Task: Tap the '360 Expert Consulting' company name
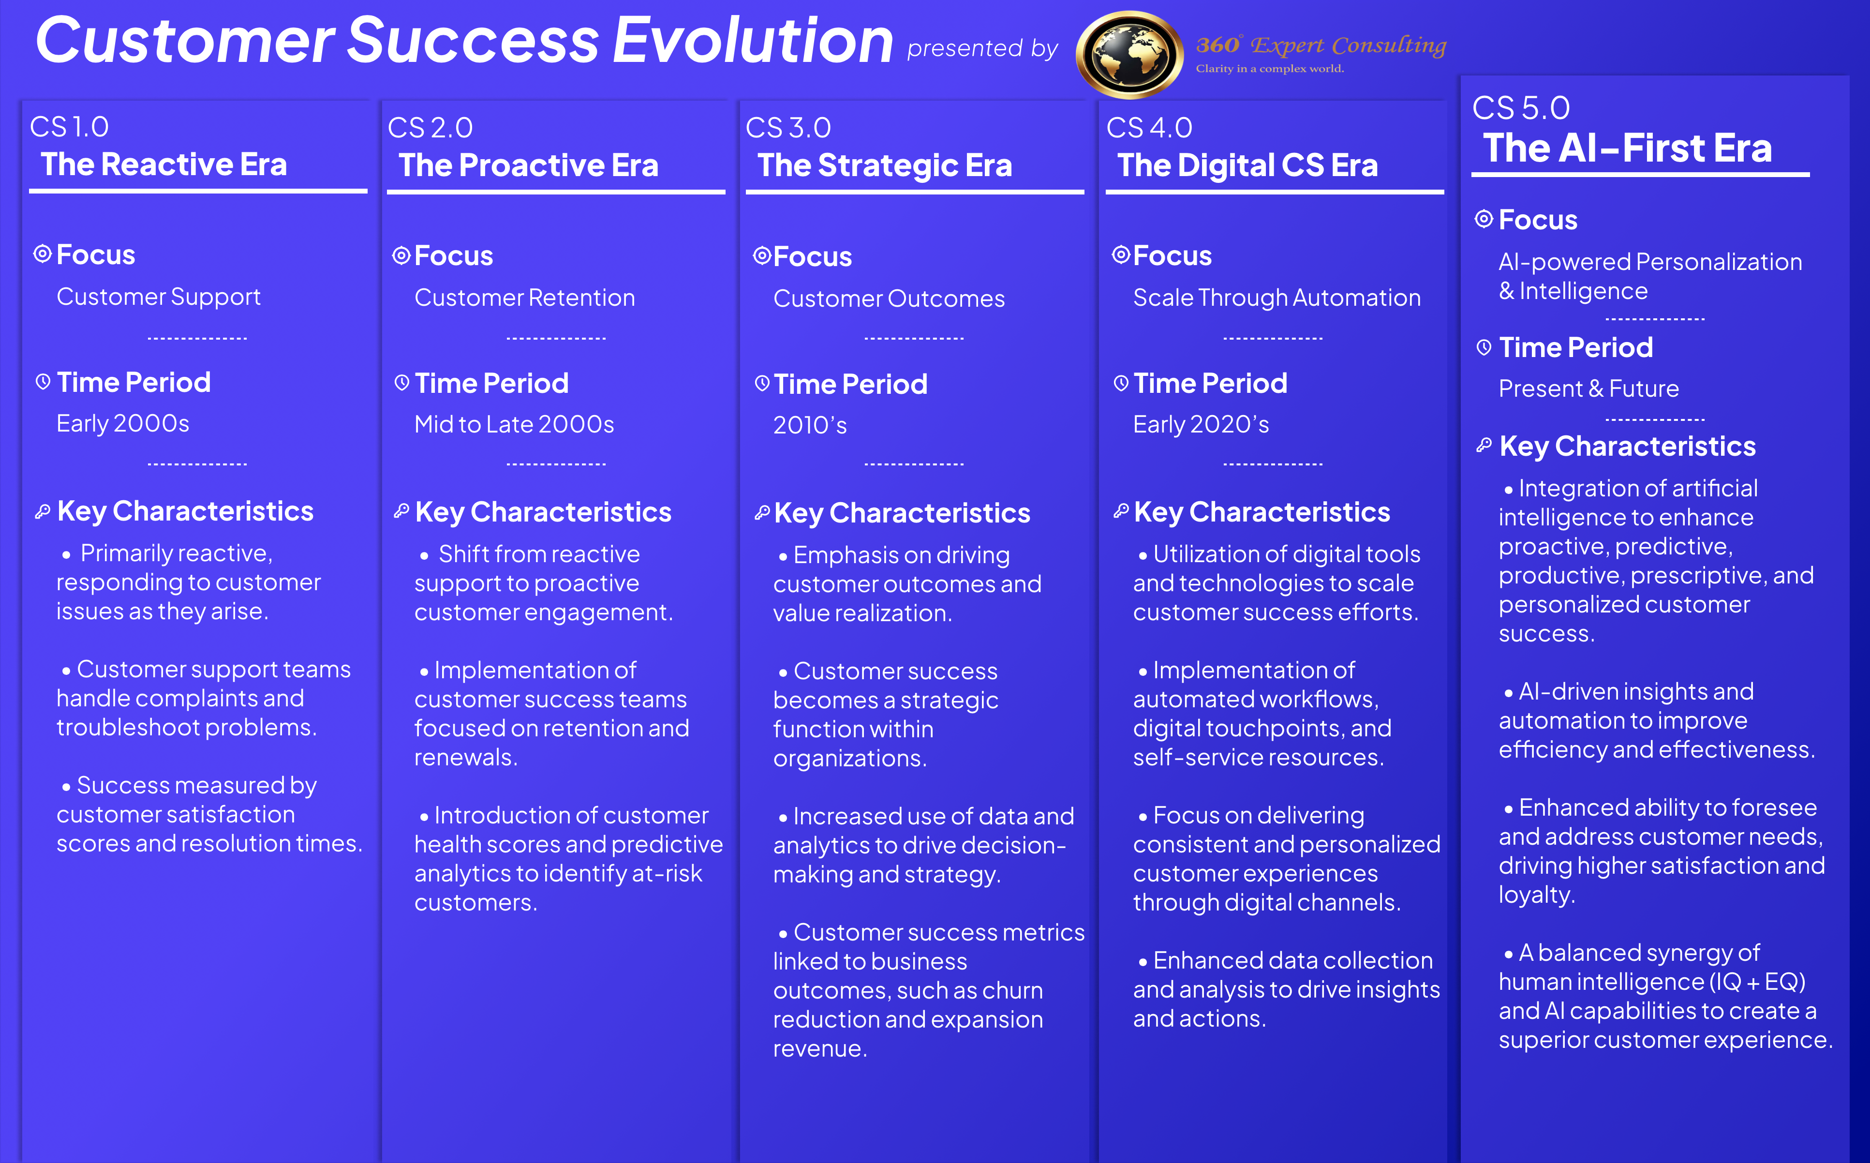click(x=1321, y=45)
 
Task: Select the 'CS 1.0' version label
click(x=69, y=127)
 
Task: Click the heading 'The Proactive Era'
click(x=528, y=165)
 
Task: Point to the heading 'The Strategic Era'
click(x=885, y=166)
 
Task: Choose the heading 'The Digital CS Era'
click(x=1247, y=165)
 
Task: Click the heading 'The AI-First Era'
click(x=1628, y=148)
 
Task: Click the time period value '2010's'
click(x=810, y=425)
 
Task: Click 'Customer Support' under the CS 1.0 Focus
click(x=158, y=297)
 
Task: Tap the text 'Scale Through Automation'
click(x=1276, y=298)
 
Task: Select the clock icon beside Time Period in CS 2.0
click(x=401, y=382)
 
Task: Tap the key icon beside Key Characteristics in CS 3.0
click(x=762, y=512)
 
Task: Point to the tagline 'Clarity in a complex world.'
click(x=1269, y=69)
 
